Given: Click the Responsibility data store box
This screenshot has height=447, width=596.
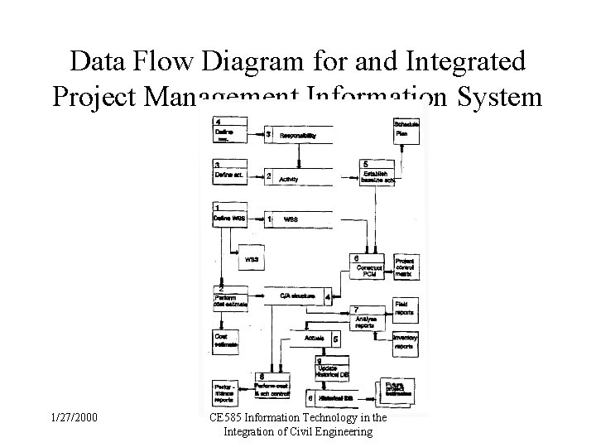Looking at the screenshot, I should pyautogui.click(x=299, y=134).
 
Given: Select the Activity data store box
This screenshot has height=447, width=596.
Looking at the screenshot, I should pyautogui.click(x=299, y=176).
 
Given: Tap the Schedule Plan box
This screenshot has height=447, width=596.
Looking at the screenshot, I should pyautogui.click(x=406, y=130).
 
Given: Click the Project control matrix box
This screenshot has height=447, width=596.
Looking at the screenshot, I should pyautogui.click(x=406, y=267).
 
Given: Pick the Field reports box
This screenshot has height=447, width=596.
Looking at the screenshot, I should pyautogui.click(x=406, y=308).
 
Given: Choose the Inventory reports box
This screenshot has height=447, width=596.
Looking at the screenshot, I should pyautogui.click(x=406, y=341).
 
